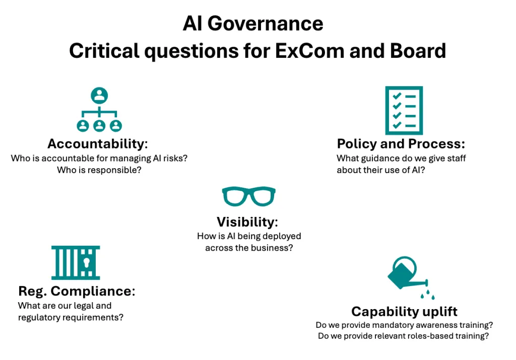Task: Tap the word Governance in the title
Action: (x=265, y=24)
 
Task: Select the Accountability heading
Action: (x=98, y=143)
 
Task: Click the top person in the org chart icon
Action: (x=99, y=95)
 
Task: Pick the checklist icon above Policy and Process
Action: (x=404, y=110)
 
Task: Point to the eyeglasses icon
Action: (x=249, y=196)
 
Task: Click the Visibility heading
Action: (x=247, y=222)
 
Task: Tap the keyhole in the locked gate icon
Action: (x=87, y=263)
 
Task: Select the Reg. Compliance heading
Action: (x=77, y=291)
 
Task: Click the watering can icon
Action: (x=408, y=275)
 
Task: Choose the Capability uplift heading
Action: (x=404, y=311)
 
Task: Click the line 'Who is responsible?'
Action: (x=99, y=170)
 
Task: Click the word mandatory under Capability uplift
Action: (x=366, y=325)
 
